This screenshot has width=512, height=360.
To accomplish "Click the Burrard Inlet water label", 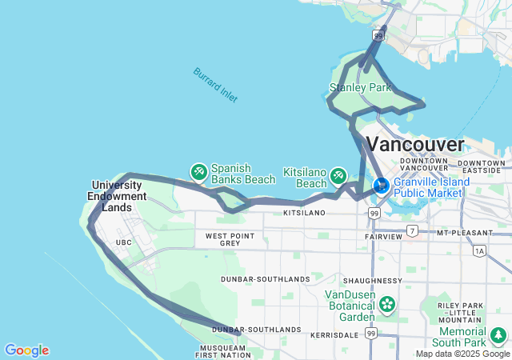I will [x=215, y=84].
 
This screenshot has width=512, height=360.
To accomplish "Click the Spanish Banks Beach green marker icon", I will [x=198, y=172].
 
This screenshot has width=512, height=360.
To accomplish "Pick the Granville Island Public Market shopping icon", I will [x=382, y=186].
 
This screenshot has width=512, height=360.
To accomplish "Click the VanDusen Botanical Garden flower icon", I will [x=388, y=304].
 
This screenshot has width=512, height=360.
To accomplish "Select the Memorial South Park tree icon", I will [x=499, y=334].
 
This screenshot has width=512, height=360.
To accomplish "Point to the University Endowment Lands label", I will [x=119, y=196].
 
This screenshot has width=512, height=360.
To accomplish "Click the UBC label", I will [x=123, y=242].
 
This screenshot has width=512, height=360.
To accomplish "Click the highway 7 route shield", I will [x=412, y=231].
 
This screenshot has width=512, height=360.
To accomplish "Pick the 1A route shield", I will [x=479, y=251].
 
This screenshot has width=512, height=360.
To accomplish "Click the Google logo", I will [x=26, y=350].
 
